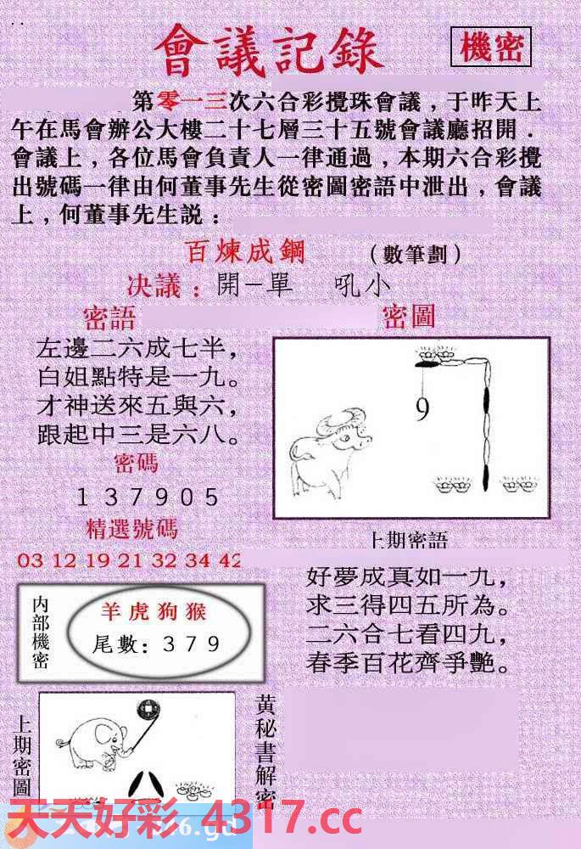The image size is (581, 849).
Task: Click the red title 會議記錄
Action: (x=270, y=50)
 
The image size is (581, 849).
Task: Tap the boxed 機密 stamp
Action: (x=491, y=48)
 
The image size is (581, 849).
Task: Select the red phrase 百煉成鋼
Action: (x=245, y=252)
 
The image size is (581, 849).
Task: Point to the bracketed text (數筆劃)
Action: (x=416, y=254)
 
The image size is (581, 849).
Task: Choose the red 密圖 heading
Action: (x=409, y=317)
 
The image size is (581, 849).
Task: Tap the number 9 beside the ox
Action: (x=422, y=411)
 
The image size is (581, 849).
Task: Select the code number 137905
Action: (x=148, y=498)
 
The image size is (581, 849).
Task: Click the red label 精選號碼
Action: (x=132, y=528)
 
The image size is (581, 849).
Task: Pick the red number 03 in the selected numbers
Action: (x=29, y=560)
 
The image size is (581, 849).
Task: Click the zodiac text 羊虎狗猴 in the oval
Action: (x=154, y=612)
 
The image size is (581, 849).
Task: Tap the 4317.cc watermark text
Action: (x=280, y=822)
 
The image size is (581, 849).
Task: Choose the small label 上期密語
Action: (x=409, y=541)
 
